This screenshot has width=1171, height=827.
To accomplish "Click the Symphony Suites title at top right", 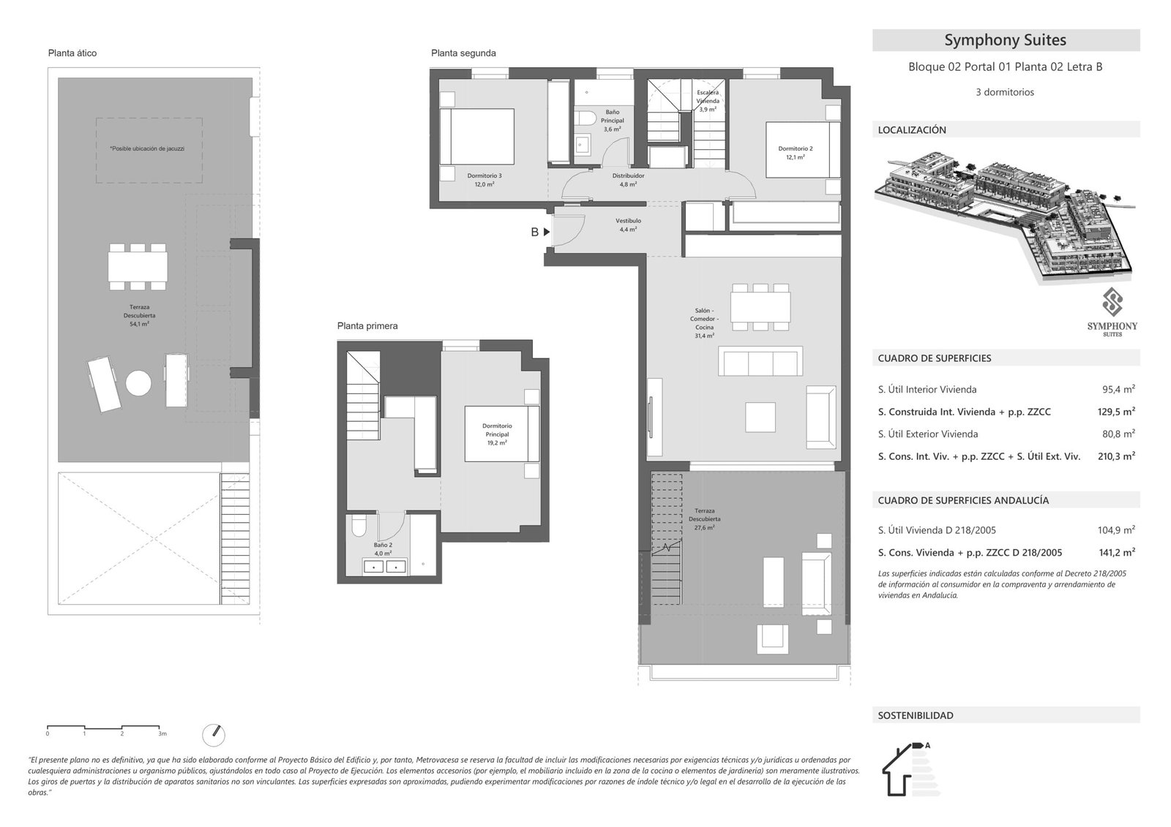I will click(x=1005, y=40).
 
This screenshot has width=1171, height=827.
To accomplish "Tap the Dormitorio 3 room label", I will click(x=484, y=180).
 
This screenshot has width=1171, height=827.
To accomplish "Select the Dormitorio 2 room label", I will click(x=795, y=153).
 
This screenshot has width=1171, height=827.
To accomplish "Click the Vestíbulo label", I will click(x=628, y=224).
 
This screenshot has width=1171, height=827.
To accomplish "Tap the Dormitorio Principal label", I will click(x=497, y=434).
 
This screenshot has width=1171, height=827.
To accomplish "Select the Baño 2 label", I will click(x=383, y=549).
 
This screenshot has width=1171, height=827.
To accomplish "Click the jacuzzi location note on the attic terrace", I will click(x=147, y=148).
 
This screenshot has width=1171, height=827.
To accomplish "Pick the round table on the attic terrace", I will click(x=138, y=382).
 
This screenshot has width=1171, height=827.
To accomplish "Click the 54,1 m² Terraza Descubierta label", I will click(x=139, y=315).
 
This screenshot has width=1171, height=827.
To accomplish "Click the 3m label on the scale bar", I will click(x=162, y=733).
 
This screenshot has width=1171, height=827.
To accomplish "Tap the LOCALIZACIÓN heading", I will click(x=912, y=130).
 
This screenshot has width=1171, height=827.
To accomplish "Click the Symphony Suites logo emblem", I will click(x=1112, y=301).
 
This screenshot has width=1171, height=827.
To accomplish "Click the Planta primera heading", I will click(x=367, y=326).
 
